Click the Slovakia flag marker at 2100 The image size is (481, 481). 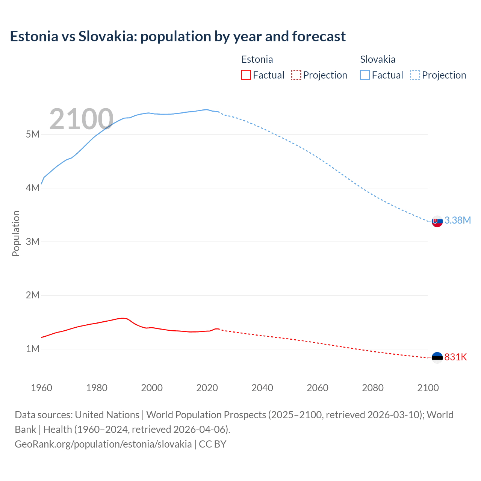click(437, 222)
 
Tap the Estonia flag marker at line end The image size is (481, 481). click(437, 357)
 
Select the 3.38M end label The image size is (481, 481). click(457, 221)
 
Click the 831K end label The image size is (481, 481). click(455, 357)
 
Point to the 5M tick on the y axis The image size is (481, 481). click(33, 135)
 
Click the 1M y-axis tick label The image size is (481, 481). click(33, 349)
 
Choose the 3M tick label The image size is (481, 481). click(33, 242)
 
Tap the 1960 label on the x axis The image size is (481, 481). click(41, 388)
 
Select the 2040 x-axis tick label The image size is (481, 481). click(262, 388)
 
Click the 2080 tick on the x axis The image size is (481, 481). click(373, 388)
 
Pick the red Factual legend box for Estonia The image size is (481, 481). click(246, 75)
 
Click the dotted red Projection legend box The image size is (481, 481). click(296, 75)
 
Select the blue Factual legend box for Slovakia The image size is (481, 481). click(365, 75)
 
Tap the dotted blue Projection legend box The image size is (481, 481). click(415, 75)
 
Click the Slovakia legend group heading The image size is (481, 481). click(378, 59)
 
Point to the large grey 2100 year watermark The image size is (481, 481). click(81, 119)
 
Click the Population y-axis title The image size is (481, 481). click(16, 233)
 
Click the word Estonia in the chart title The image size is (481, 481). click(34, 36)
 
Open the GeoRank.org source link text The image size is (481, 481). click(103, 444)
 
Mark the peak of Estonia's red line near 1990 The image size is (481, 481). click(123, 318)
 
